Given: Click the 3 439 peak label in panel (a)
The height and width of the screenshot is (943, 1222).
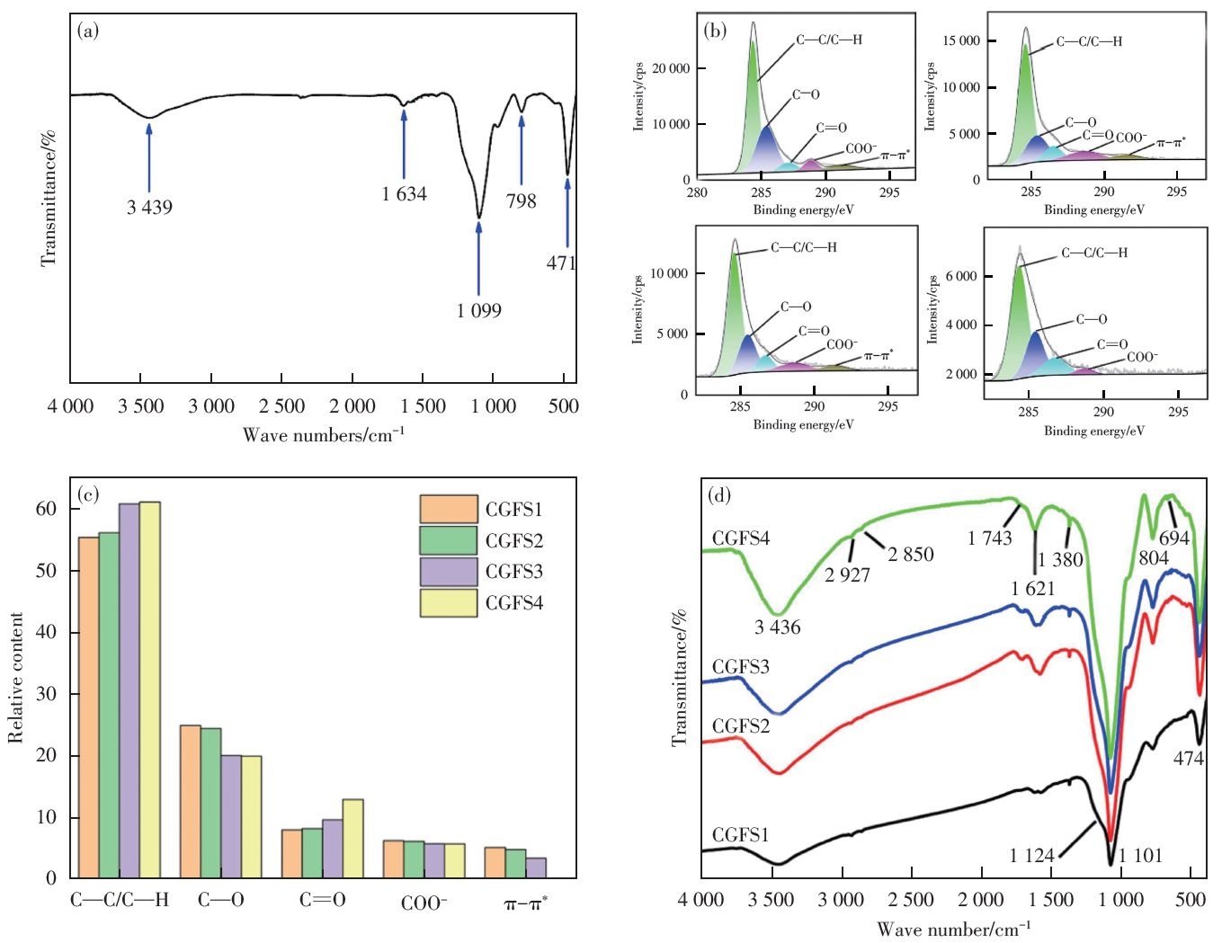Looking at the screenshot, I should coord(149,208).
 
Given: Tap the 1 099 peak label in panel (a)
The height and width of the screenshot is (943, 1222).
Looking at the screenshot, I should coord(478,311).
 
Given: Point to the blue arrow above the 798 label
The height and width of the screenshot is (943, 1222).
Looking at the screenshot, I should coord(522,148).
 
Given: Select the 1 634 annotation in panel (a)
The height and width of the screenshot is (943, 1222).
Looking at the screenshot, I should coord(404,194).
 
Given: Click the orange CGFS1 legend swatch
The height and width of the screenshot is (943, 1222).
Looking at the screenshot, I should coord(448,509).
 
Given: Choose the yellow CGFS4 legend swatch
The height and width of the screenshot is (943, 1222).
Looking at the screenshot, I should coord(448,603).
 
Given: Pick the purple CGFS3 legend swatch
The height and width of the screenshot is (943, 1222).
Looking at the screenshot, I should coord(448,572).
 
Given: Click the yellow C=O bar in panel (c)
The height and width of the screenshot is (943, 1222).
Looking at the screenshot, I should coord(353,838).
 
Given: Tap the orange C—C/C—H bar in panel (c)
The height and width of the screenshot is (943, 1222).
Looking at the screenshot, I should coord(89,707).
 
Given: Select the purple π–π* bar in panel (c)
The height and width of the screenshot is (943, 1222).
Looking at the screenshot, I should coord(536,867).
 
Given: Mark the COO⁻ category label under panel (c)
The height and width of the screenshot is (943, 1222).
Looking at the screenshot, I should coord(424,902).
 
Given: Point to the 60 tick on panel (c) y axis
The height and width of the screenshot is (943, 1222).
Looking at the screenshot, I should coord(46,509).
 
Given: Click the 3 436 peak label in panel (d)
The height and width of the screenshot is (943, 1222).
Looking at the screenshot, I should coord(777,627).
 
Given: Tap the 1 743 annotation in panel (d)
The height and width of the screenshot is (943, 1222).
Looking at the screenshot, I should coord(989,538).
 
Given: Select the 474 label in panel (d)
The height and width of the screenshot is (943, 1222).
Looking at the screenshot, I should coord(1188,759).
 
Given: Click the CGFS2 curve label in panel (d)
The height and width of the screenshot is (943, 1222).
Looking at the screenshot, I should coord(740,726).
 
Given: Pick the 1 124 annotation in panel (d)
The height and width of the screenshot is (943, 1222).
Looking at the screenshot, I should coord(1031,856).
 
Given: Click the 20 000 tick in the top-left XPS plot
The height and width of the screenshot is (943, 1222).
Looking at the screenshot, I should coord(671,68).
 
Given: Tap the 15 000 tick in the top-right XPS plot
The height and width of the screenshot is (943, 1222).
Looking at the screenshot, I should coord(961,40).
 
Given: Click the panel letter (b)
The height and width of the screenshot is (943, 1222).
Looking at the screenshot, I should coord(716,31).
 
